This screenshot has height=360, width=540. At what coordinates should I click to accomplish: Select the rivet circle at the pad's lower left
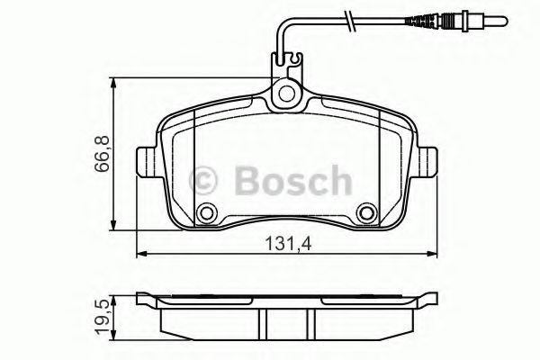(x=208, y=214)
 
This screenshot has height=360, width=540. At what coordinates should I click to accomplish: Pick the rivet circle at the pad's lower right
(x=365, y=214)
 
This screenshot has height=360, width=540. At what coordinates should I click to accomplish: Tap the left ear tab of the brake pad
(x=144, y=162)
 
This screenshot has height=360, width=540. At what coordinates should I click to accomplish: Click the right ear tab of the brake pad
(x=430, y=162)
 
